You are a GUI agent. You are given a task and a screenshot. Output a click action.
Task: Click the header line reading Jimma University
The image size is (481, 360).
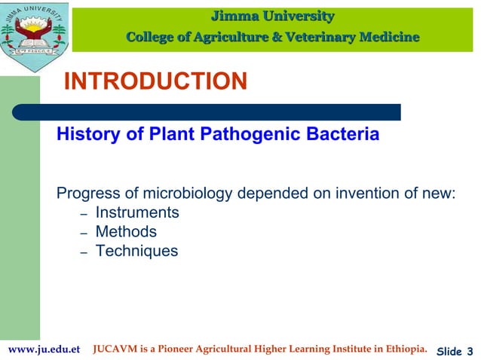coord(272,15)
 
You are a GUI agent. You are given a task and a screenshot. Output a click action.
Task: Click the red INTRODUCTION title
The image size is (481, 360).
coord(155,81)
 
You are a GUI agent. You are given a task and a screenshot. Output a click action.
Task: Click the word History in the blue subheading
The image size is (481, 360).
coord(84,136)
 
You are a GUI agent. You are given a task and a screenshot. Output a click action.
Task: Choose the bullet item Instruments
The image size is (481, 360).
coord(137,213)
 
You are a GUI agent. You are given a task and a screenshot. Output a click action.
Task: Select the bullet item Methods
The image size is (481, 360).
coord(126,232)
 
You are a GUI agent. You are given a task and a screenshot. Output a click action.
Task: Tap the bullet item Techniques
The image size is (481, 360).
coord(136,251)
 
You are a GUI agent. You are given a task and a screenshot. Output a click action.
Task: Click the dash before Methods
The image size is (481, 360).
coord(84,233)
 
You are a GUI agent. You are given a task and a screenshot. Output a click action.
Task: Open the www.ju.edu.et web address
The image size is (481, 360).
coord(44,350)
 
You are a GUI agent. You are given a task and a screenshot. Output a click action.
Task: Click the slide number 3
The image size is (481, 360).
coord(469,351)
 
